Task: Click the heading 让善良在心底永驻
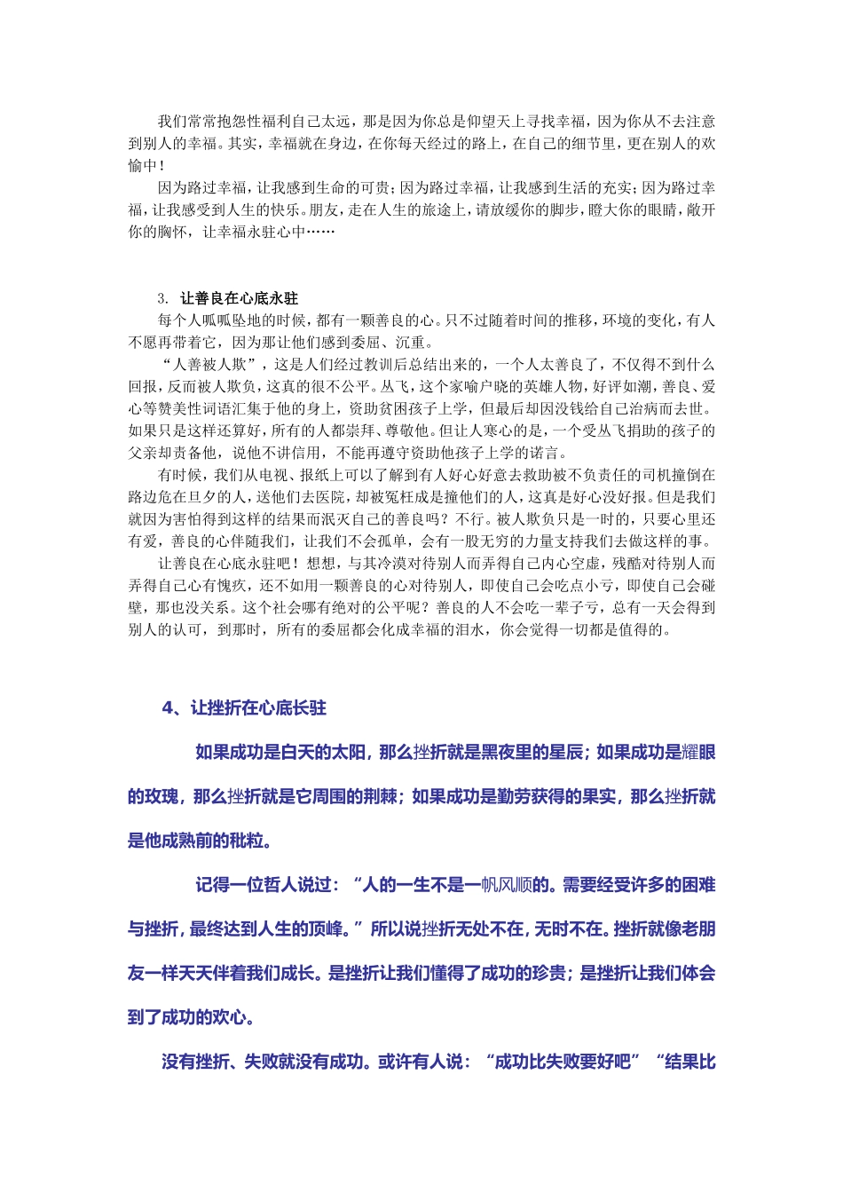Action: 239,298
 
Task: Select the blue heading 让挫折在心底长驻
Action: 258,707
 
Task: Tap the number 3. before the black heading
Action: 163,298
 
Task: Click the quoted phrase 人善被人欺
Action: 209,365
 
